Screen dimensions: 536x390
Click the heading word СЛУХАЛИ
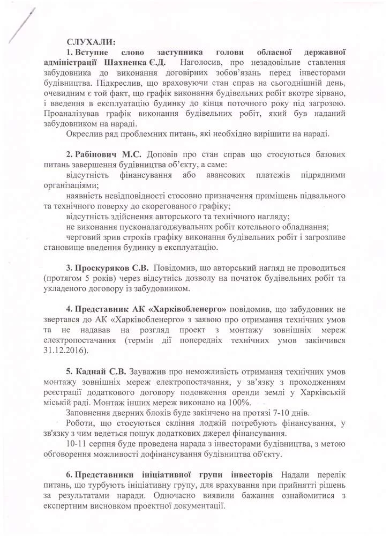[90, 41]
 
